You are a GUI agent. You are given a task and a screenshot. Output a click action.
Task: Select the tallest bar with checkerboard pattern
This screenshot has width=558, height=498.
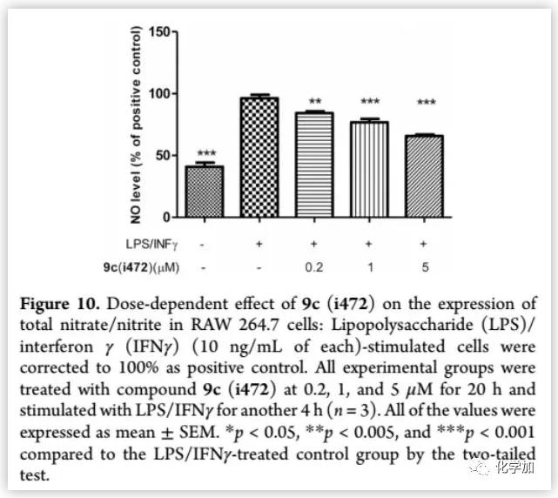259,157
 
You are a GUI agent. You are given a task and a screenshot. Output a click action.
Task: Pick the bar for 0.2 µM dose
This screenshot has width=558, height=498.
314,164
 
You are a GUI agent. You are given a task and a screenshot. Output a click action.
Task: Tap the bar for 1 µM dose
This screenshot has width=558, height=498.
369,168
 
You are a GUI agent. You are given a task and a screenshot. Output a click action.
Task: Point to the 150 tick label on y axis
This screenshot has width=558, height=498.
158,32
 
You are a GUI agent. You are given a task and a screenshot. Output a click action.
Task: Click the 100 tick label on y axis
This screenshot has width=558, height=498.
158,94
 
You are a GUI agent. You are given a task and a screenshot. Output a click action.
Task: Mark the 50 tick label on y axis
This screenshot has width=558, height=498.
162,156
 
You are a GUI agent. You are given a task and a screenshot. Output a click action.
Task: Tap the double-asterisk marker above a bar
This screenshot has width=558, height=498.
314,102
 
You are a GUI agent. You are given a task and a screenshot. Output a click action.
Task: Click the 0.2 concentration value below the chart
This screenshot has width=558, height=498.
314,267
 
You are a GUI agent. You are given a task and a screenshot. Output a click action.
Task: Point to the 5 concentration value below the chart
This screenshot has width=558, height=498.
425,267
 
